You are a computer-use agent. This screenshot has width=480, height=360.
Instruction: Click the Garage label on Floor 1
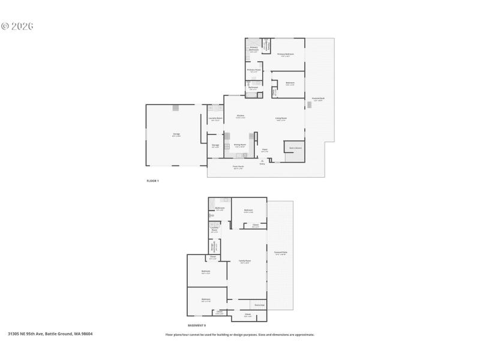point(176,134)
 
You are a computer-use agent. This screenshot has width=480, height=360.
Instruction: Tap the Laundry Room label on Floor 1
point(215,118)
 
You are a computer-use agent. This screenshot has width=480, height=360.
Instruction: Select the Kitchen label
point(240,116)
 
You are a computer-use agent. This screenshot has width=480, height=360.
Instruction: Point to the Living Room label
point(281,118)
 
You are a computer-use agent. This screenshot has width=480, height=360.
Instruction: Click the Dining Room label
point(240,145)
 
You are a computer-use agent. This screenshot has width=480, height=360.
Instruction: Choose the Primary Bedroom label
point(286,54)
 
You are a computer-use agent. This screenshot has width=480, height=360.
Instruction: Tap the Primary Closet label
point(254,70)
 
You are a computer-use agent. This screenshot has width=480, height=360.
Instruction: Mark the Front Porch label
point(238,167)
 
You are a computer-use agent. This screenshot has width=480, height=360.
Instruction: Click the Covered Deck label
point(318,98)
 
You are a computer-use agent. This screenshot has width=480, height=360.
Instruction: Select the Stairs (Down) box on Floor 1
point(295,148)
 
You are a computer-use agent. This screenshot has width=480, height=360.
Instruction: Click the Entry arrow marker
point(262,160)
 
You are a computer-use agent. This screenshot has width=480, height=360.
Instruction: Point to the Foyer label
point(264,150)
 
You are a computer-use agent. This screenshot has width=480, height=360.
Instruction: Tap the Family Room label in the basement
point(245,261)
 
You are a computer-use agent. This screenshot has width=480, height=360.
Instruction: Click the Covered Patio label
point(280,253)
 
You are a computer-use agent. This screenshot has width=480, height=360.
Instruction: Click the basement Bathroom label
point(220,208)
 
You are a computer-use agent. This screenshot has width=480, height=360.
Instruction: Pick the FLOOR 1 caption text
point(153,181)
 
